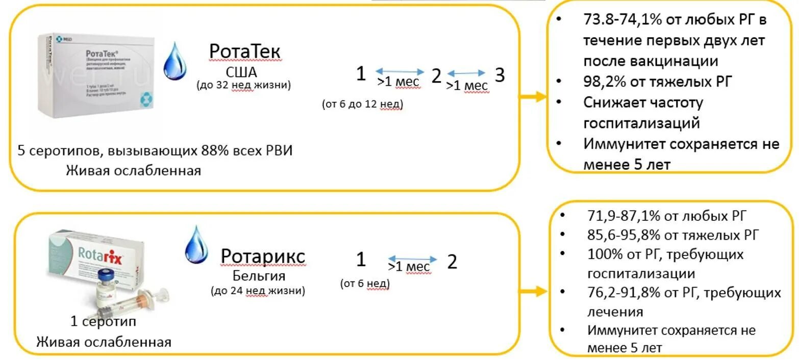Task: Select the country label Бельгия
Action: point(259,276)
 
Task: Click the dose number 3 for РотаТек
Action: point(500,75)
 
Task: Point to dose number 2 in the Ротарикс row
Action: point(452,262)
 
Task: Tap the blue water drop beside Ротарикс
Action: point(196,245)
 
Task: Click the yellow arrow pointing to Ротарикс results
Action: point(534,292)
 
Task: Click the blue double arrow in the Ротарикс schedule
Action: point(412,259)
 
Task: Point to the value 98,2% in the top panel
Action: point(605,81)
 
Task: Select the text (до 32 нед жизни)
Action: point(243,85)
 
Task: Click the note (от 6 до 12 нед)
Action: point(362,104)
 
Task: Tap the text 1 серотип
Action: point(103,322)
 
